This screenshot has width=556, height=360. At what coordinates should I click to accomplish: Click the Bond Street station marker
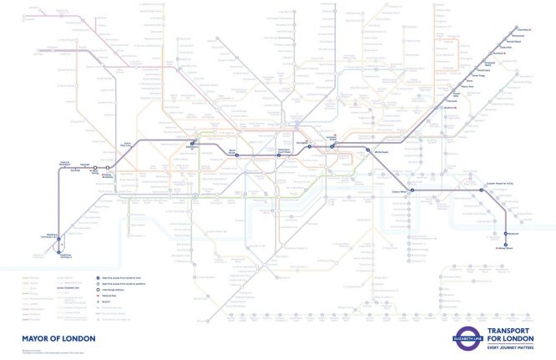pos(236,155)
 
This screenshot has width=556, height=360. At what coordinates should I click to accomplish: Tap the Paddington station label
pos(195,146)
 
